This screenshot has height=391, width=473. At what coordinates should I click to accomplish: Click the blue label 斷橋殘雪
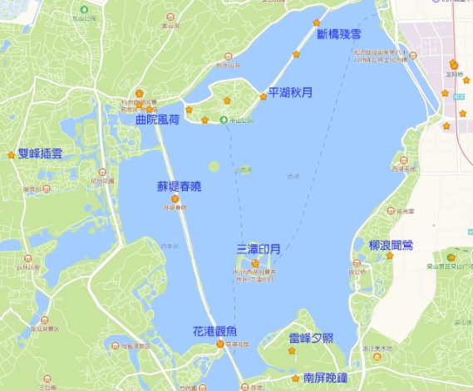coord(339,34)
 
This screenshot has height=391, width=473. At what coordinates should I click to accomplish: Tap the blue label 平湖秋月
coord(290,93)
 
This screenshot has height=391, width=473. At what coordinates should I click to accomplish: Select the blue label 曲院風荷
coord(158,120)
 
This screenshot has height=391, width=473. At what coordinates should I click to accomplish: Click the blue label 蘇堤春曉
coord(179,187)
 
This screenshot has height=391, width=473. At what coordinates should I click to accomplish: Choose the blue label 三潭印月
coord(259,248)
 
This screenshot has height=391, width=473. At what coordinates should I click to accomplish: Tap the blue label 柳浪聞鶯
coord(391,245)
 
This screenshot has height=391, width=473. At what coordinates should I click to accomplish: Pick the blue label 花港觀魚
coord(215,330)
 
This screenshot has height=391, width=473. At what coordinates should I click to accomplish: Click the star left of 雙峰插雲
coord(11,154)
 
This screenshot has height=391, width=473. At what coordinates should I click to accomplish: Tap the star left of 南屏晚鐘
coord(295,378)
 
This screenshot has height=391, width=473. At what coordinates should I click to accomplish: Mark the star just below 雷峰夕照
coord(292,351)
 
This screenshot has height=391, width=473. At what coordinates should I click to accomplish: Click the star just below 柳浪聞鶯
coord(389,256)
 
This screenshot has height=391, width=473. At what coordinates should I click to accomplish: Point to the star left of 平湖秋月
coord(264,97)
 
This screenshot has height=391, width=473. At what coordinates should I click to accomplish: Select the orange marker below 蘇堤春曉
coord(175,198)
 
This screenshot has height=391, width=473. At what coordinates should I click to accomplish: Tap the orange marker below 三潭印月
coord(255,263)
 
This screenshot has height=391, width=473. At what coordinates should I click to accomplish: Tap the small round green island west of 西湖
coord(214,166)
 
